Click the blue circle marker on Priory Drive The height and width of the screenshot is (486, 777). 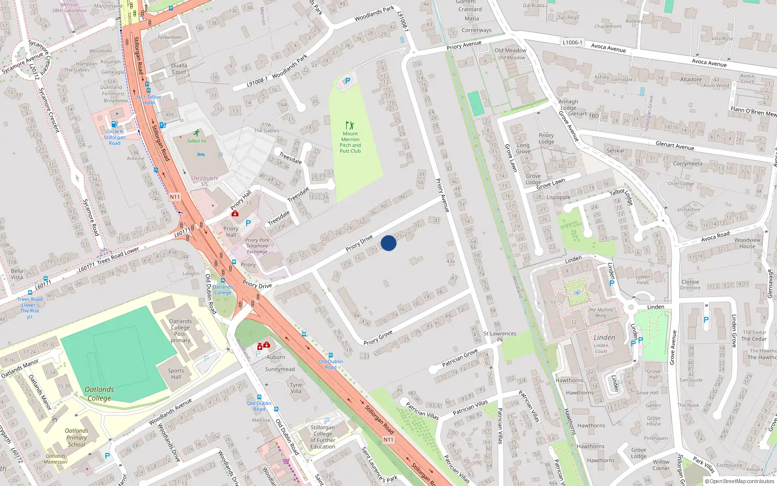388,243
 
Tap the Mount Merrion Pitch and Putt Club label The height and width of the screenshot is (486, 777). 350,142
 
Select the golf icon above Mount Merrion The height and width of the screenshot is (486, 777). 350,125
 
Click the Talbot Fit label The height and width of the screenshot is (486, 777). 197,141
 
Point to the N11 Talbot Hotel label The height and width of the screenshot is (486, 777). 149,100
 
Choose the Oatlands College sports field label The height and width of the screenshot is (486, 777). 99,394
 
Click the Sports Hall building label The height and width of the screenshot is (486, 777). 176,374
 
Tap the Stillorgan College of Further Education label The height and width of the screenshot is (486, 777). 322,437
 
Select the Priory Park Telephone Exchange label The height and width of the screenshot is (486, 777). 257,245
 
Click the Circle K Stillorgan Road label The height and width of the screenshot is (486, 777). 115,137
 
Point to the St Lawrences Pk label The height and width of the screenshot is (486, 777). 500,336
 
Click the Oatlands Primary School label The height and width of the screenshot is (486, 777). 77,437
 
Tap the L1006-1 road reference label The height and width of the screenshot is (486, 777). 572,43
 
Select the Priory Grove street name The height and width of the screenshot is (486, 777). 378,338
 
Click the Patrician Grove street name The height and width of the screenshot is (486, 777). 459,358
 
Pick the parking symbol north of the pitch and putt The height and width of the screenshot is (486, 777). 347,81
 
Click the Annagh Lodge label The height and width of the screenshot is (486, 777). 568,105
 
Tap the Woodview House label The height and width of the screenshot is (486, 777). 747,243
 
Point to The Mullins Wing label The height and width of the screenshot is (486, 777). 601,312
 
